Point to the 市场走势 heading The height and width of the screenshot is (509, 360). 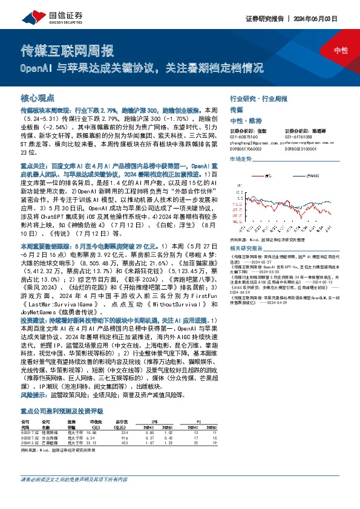click(241, 159)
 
